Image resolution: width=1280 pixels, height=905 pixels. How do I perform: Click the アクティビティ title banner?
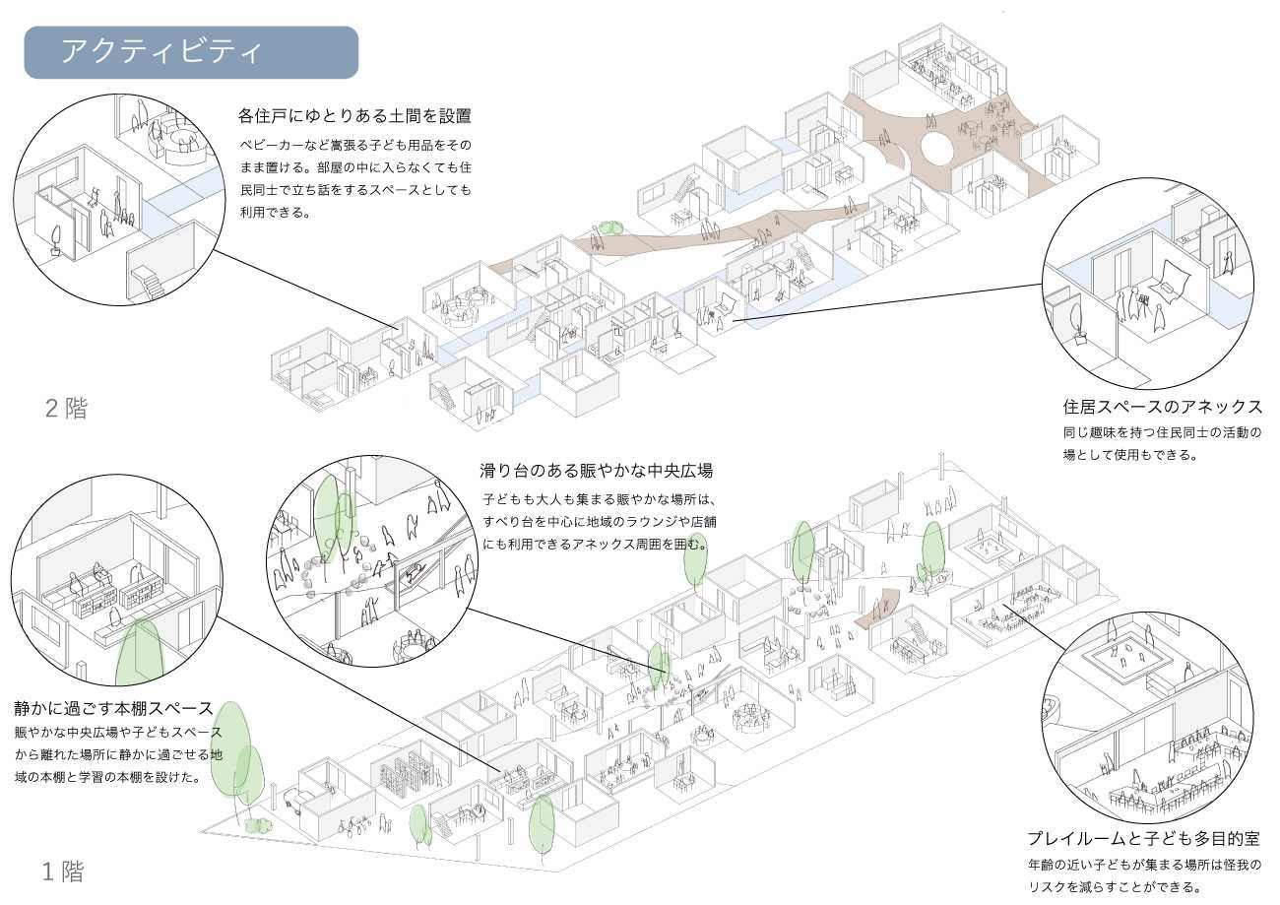(x=191, y=52)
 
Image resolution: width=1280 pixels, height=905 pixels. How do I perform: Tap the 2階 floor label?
(x=66, y=409)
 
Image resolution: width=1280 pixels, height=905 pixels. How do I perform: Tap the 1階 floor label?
(x=63, y=872)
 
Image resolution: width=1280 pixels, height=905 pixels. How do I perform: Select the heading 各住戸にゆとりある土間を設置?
(x=354, y=116)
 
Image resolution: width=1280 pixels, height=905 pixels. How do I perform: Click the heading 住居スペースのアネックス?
(x=1162, y=407)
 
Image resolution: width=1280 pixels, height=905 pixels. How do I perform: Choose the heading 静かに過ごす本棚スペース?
(x=113, y=708)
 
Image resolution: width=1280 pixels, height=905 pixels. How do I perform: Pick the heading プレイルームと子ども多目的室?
(x=1142, y=839)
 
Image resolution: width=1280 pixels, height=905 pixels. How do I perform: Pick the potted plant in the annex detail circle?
(x=1080, y=324)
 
